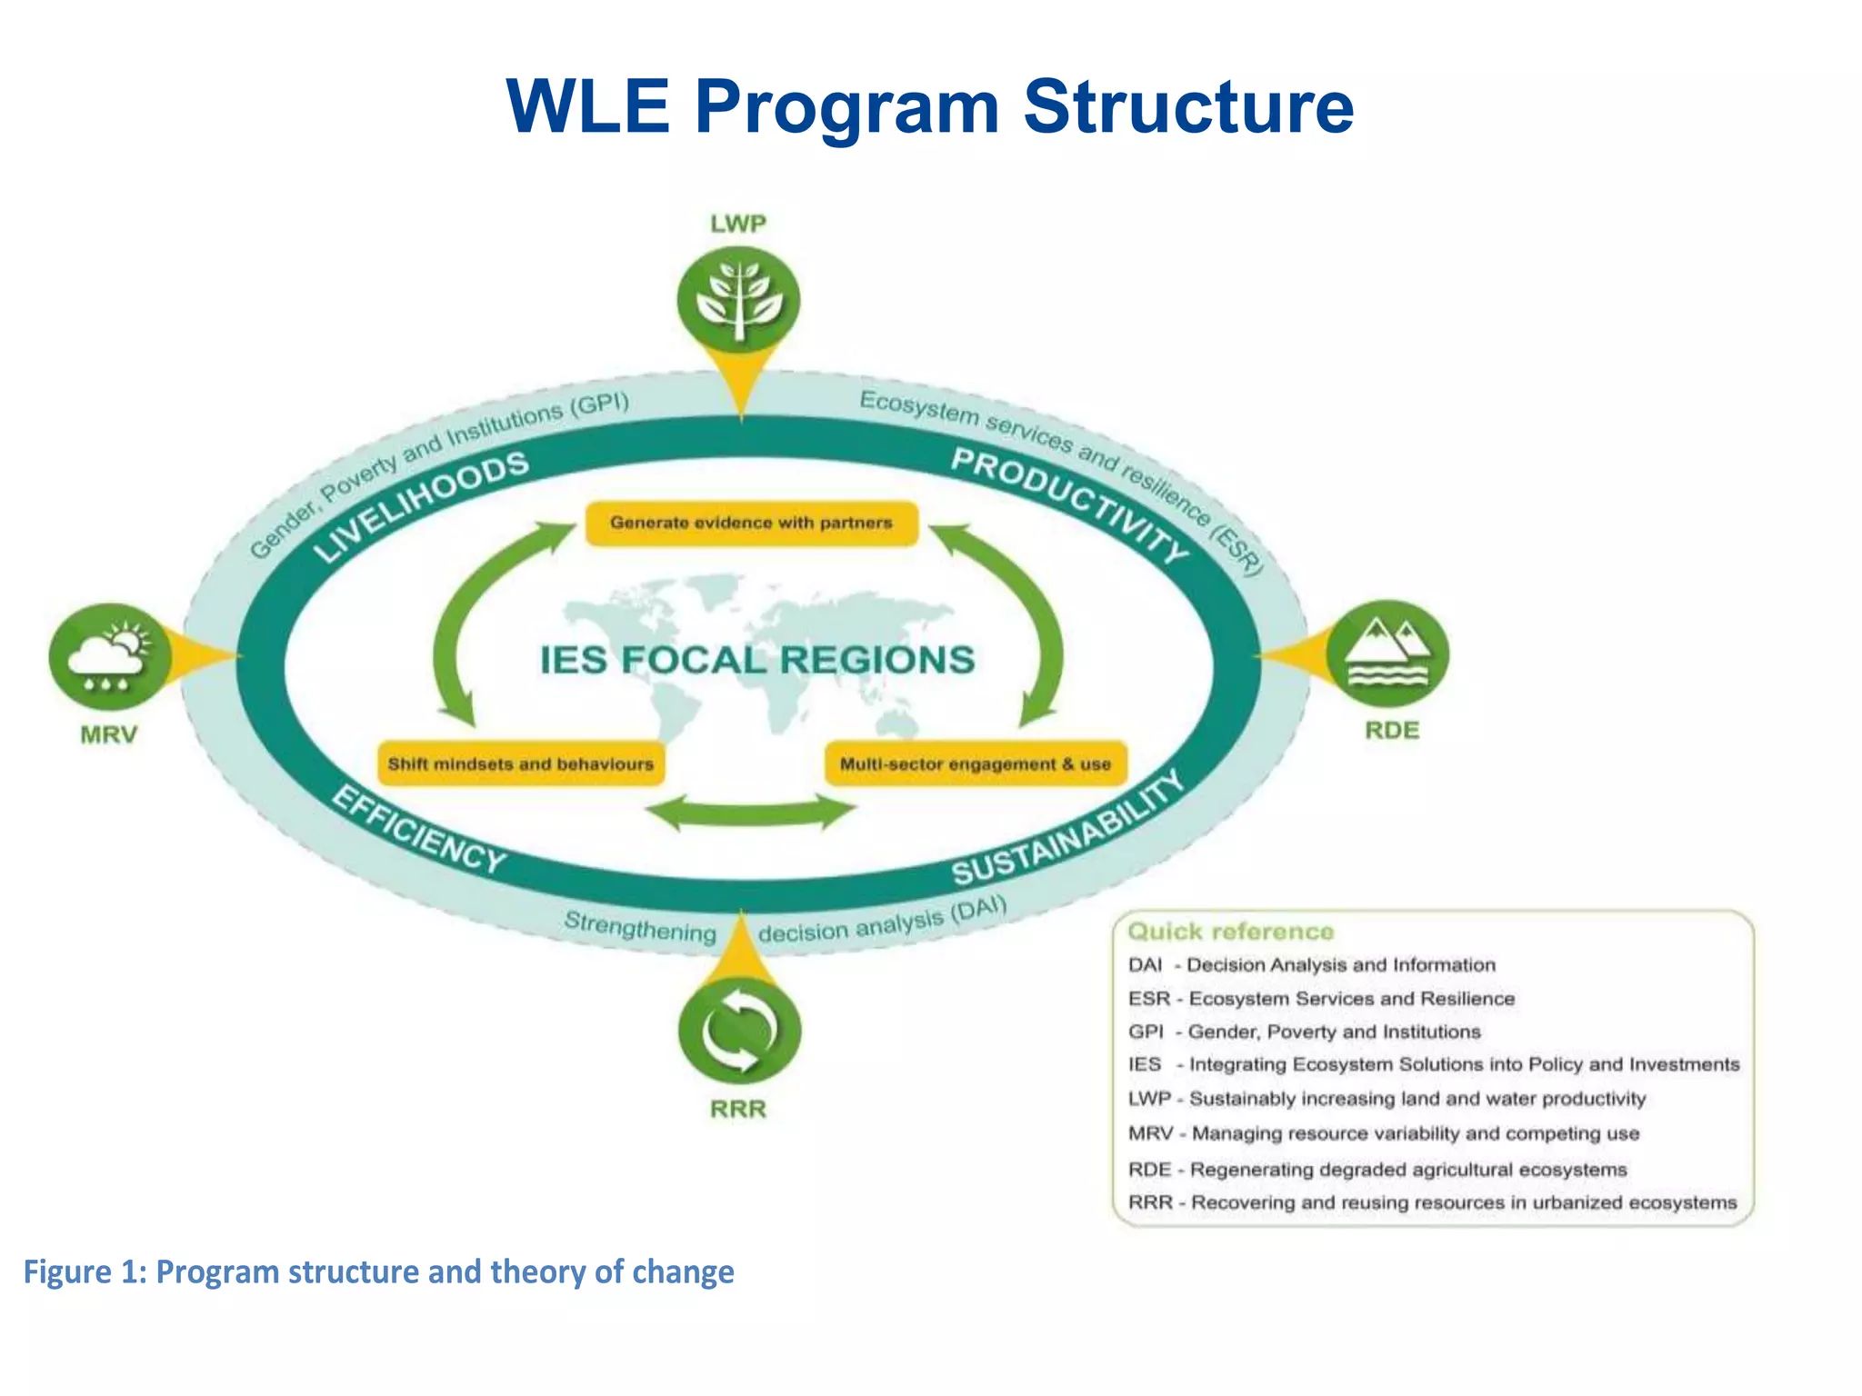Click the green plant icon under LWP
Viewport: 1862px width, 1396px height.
[x=739, y=301]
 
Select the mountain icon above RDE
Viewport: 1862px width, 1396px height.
[x=1387, y=653]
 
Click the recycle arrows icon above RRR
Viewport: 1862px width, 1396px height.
[x=739, y=1031]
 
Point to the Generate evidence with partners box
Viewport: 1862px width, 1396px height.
[x=751, y=523]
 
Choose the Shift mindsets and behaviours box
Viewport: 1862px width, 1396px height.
[x=520, y=764]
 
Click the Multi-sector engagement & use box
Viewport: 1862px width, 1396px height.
[x=975, y=764]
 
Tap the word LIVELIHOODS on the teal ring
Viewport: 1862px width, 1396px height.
[x=422, y=506]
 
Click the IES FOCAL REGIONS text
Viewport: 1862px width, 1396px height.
[x=756, y=661]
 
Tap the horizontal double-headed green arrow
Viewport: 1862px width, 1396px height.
[x=751, y=812]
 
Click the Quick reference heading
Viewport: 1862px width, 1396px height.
[x=1230, y=932]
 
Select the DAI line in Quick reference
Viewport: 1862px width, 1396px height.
[x=1311, y=965]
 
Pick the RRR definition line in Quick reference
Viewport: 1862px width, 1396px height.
[x=1432, y=1203]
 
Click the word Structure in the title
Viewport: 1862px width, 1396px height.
[x=1187, y=107]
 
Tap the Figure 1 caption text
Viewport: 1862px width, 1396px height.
[x=378, y=1271]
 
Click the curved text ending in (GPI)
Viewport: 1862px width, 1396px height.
[x=436, y=473]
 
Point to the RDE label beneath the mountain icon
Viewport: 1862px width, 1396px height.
[x=1391, y=731]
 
